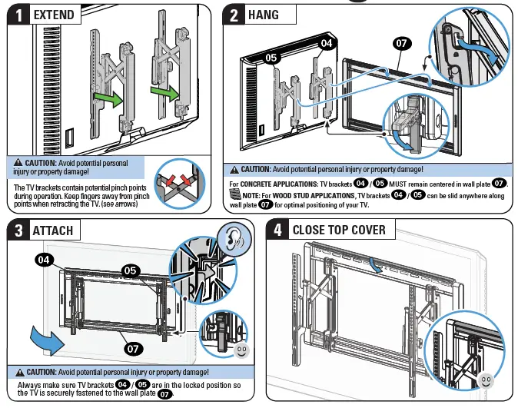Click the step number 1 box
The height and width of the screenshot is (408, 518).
point(19,15)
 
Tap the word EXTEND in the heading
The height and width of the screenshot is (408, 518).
point(55,15)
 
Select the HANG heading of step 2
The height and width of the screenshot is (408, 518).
point(263,15)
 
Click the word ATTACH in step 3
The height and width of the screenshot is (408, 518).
point(53,230)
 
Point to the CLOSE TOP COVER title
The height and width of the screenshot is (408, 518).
point(339,230)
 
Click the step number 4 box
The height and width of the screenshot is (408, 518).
point(277,230)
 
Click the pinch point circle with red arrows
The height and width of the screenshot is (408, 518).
point(182,184)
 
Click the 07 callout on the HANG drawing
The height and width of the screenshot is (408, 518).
point(402,44)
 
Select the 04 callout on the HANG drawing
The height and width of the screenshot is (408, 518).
point(326,42)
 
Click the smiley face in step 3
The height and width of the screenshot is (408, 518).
point(241,350)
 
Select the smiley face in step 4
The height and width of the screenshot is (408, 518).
point(484,380)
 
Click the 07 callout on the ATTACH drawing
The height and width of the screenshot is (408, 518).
point(134,349)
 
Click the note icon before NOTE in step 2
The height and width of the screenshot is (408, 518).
point(237,196)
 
